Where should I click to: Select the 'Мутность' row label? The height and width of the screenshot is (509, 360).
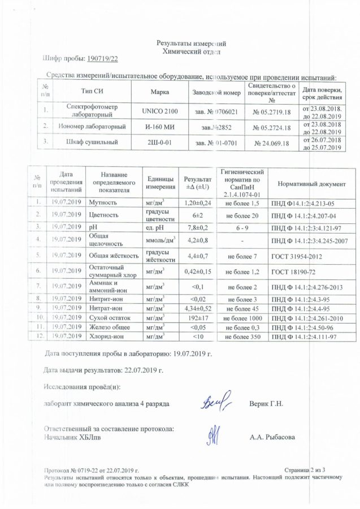pyautogui.click(x=101, y=202)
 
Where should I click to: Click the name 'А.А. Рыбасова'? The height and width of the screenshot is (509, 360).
pyautogui.click(x=276, y=437)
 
